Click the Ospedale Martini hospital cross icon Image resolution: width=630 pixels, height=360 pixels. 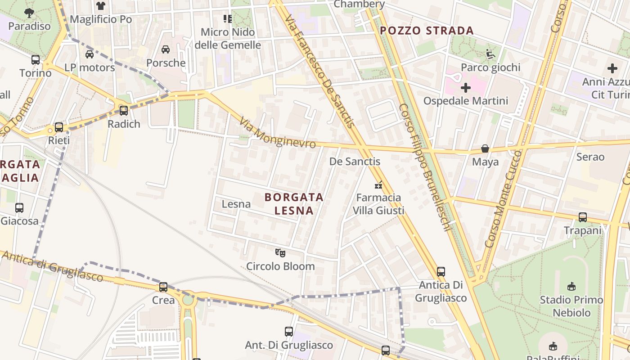pos(466,87)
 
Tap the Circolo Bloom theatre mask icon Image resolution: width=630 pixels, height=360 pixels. pos(280,253)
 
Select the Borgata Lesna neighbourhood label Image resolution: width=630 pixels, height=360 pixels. pos(294,203)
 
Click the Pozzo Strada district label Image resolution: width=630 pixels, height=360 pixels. pos(427,31)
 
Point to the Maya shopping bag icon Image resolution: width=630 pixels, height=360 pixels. pos(485,148)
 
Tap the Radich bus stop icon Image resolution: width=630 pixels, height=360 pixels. pos(123,110)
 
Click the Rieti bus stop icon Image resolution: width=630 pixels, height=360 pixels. pos(59,127)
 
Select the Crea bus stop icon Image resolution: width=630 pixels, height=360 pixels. pos(163,287)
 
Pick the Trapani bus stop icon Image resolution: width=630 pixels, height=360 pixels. pos(583,217)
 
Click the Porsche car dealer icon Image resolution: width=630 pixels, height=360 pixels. pos(166,49)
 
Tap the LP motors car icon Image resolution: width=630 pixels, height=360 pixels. pos(90,54)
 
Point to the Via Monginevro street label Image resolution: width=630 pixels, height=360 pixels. pos(278,133)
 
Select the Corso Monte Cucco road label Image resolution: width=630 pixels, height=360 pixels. pos(503,198)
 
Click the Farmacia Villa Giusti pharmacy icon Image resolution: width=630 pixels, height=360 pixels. pos(378,184)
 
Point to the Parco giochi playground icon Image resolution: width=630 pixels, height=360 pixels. pos(490,54)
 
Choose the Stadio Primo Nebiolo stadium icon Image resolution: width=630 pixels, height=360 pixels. pos(571,286)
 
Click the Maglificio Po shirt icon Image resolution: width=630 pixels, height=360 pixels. pos(101,6)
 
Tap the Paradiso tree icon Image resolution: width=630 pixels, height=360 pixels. pos(30,13)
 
